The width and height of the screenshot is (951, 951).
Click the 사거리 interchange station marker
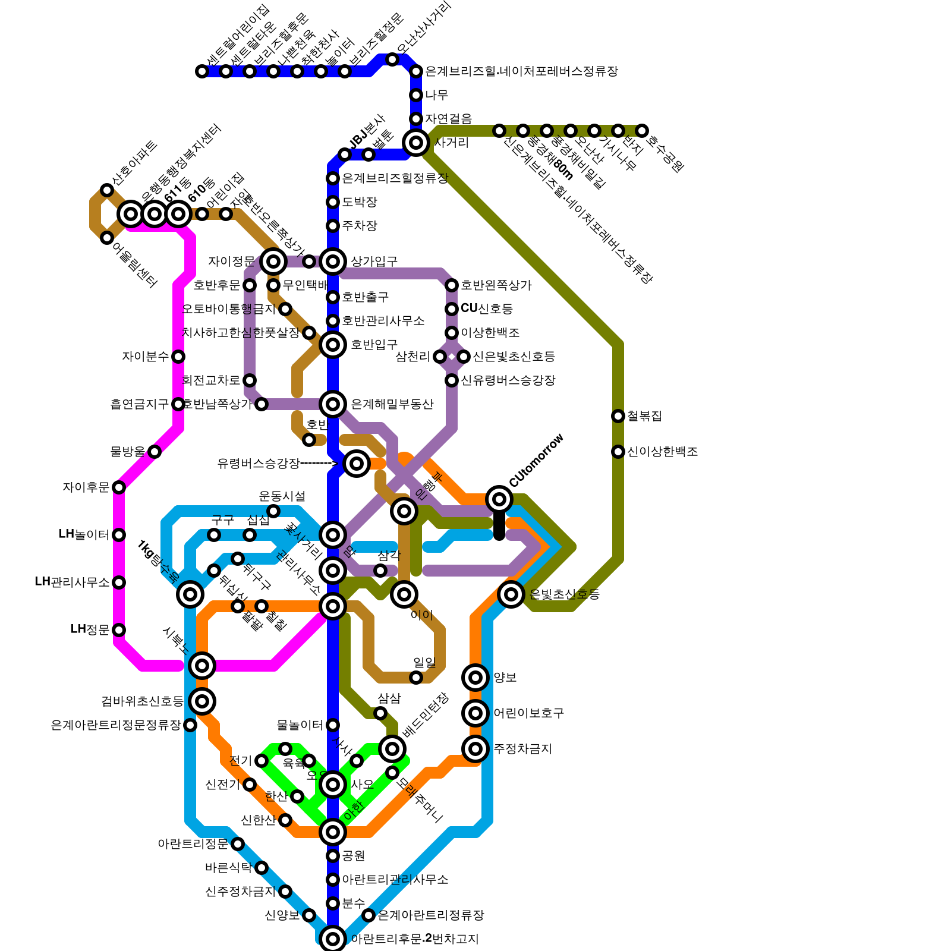coord(416,143)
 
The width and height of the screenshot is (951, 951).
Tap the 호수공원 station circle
coord(642,131)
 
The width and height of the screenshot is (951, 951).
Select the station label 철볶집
coord(644,416)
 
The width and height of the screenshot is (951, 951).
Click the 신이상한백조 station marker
coord(618,452)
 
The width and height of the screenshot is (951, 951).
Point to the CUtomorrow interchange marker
coord(499,499)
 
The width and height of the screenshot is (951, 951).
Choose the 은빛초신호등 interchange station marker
coord(511,594)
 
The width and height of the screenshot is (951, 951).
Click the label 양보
coord(505,678)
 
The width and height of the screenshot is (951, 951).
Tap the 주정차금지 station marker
coord(475,749)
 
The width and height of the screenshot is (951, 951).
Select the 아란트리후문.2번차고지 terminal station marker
coord(333,939)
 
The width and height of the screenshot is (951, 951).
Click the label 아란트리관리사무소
coord(395,880)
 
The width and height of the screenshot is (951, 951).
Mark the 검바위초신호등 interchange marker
coord(202,701)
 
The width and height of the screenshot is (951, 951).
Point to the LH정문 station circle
coord(119,630)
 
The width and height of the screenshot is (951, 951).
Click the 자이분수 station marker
coord(178,357)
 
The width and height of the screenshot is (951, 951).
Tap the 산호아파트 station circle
coord(107,190)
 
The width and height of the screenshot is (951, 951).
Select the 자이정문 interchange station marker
coord(273,261)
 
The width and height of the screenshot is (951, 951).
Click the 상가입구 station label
coord(374,262)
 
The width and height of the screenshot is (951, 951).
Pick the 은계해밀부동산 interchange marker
coord(333,404)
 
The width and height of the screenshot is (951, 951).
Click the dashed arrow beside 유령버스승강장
coord(319,464)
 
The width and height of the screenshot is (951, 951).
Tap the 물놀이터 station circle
coord(333,725)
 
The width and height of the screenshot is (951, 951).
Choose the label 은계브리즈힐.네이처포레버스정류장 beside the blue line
coord(521,71)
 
